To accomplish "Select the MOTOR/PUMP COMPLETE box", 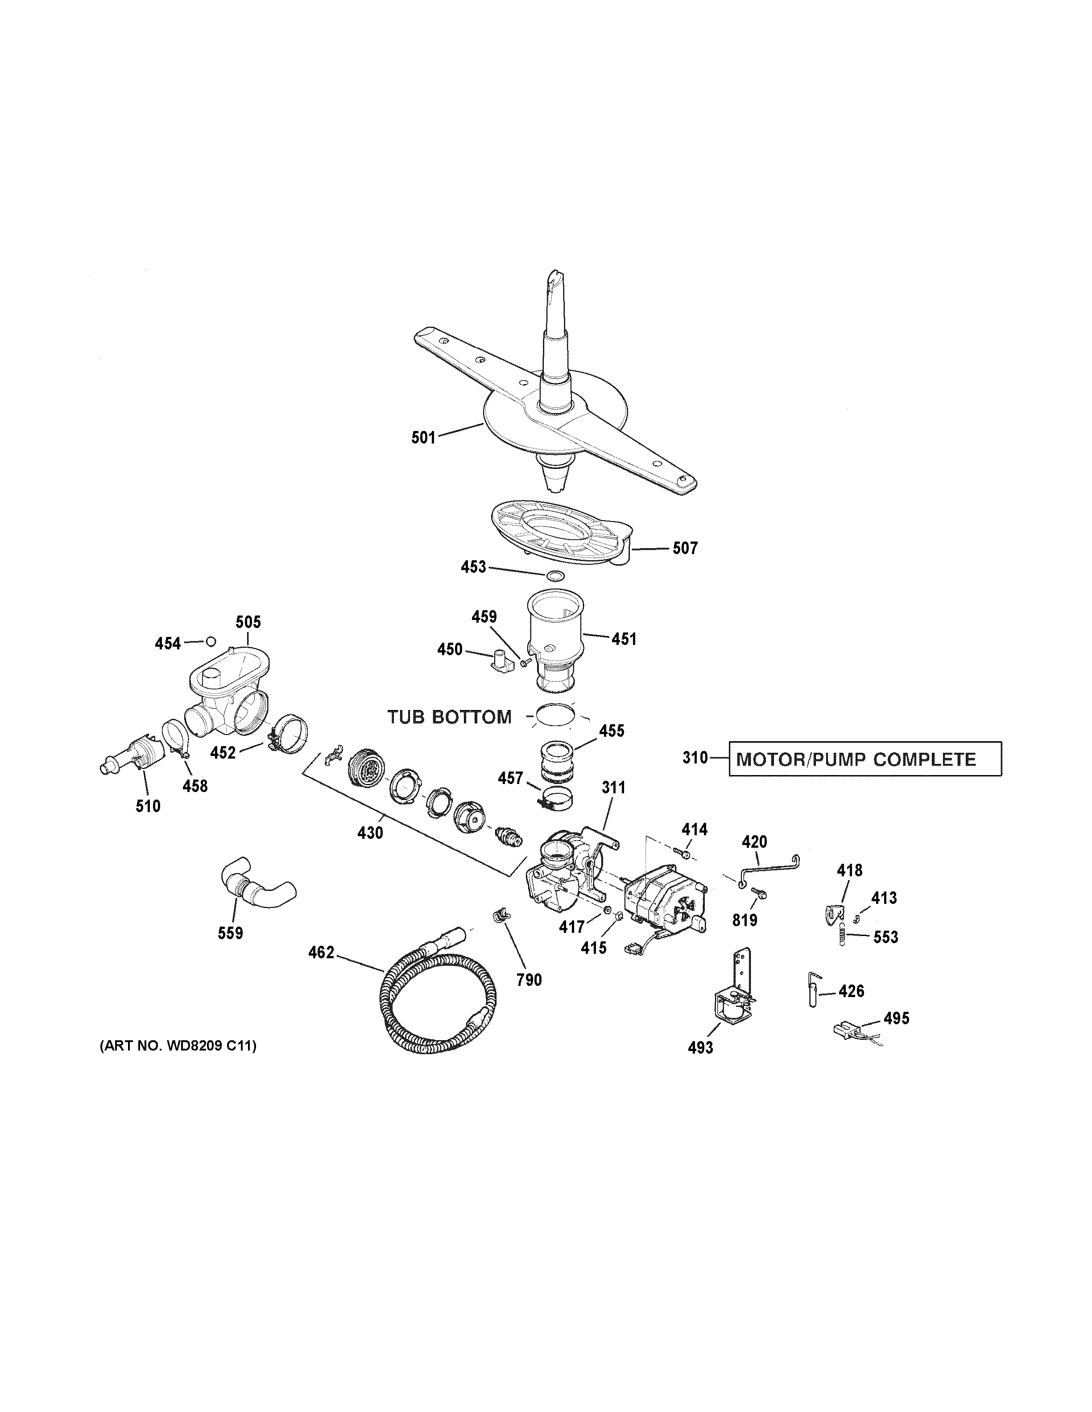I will (865, 759).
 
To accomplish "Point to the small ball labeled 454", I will (210, 642).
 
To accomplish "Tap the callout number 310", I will (695, 758).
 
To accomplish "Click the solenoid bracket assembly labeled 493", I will (736, 997).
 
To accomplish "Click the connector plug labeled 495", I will (845, 1026).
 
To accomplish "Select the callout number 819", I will (745, 920).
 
